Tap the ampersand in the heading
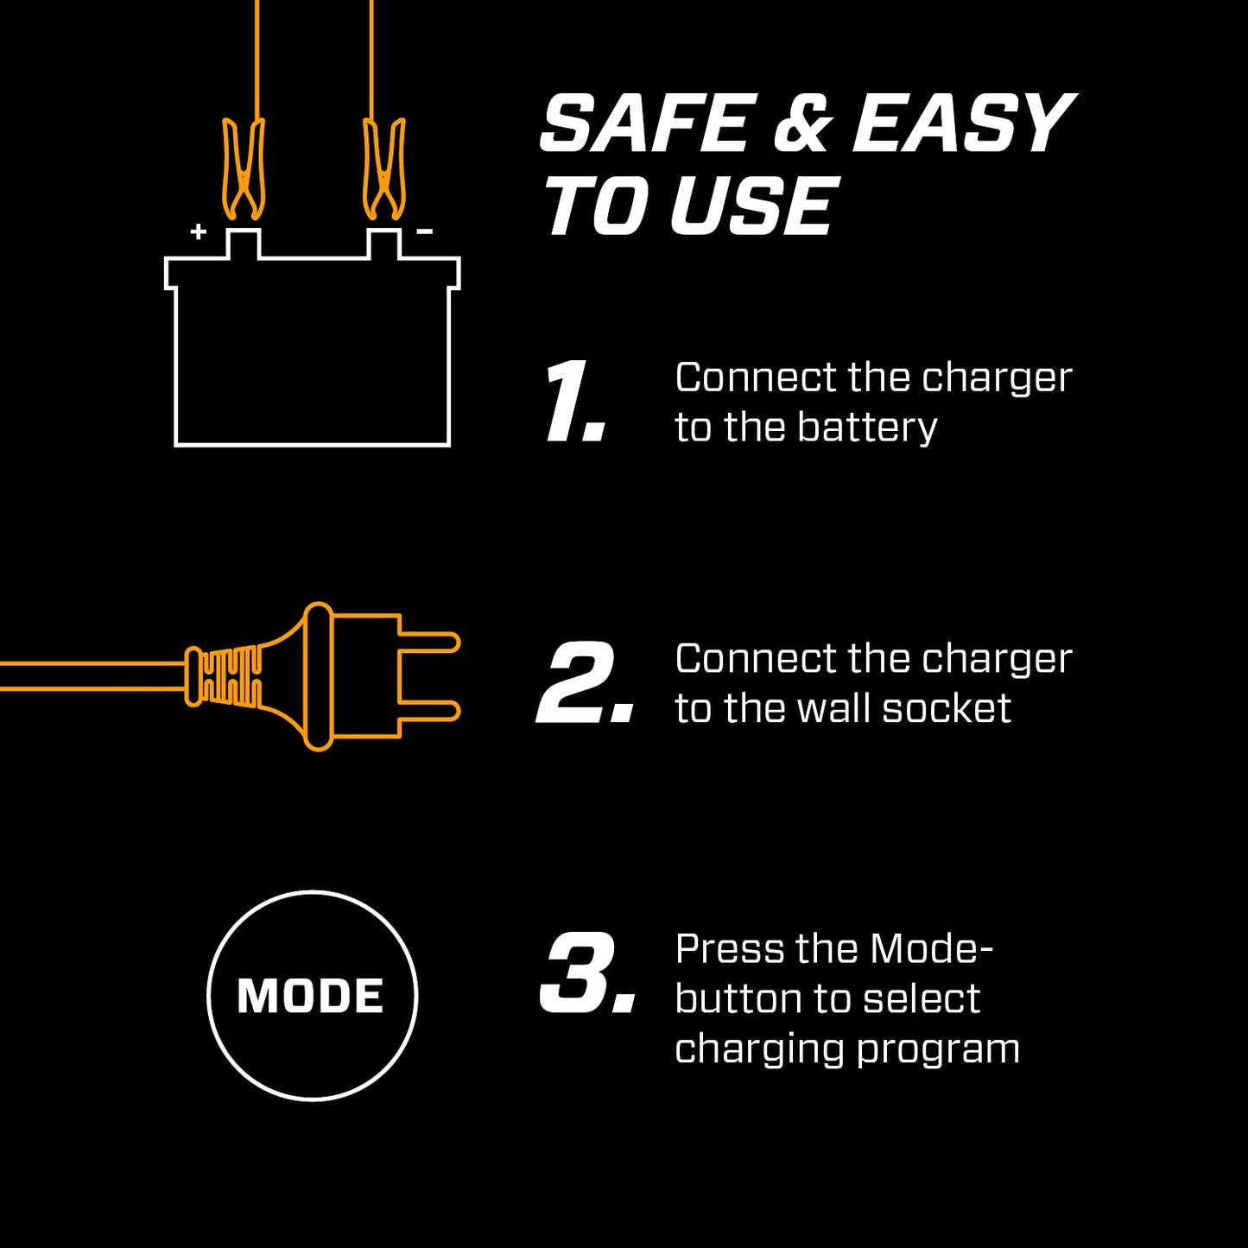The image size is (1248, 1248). pyautogui.click(x=801, y=126)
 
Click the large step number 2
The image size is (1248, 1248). pyautogui.click(x=584, y=683)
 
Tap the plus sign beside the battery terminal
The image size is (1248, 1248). pyautogui.click(x=199, y=231)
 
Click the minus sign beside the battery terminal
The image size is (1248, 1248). pyautogui.click(x=424, y=231)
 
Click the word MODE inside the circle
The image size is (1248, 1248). pyautogui.click(x=311, y=996)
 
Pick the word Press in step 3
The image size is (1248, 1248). pyautogui.click(x=729, y=949)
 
